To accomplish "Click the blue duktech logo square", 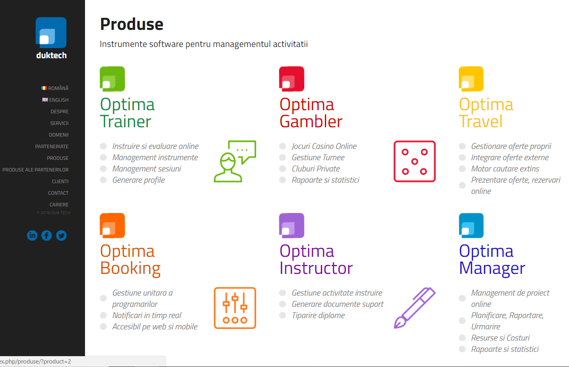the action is pos(51,33).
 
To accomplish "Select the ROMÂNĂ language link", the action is pos(55,88).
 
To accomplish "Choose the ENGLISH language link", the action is pos(56,100).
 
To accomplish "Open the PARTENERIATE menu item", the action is pos(52,147).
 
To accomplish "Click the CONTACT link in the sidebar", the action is pos(58,193).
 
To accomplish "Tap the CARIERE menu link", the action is pos(59,205).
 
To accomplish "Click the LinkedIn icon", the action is pos(32,235).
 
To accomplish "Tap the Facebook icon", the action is pos(47,235).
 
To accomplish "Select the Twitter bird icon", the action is pos(61,235).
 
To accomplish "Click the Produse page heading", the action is pos(132,24).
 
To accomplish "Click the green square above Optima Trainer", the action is pos(112,79).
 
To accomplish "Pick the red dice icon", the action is pos(415,161).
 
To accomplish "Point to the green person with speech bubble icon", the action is pos(235,161).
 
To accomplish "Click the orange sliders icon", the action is pos(235,308).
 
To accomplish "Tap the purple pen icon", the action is pos(415,308).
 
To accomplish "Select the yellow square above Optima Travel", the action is pos(471,79).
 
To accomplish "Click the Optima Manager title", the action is pos(492,259).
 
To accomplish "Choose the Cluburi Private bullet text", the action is pos(316,169).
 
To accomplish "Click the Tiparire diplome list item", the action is pos(318,315).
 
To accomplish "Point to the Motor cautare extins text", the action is pos(505,169).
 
